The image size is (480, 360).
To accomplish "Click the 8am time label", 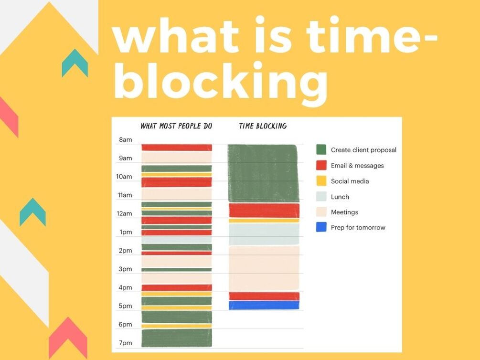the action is [126, 139].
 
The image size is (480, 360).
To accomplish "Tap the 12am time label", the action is [124, 213].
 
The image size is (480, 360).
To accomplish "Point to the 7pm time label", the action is [126, 343].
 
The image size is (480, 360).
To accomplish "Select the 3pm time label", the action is [125, 269].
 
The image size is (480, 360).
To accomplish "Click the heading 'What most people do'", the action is [176, 126].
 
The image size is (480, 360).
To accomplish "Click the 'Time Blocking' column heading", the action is [263, 126].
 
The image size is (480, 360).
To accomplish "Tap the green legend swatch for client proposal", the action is [321, 150].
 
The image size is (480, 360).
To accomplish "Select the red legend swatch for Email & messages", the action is [321, 165].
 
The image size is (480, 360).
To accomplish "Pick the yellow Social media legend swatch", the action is [321, 181].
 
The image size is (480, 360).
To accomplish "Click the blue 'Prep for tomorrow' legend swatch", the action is [321, 227].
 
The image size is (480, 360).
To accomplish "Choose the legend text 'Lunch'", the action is [340, 197].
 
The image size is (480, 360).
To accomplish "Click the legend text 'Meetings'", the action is [344, 212].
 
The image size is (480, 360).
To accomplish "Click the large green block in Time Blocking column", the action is [263, 173].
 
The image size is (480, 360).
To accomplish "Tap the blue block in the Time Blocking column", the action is [264, 305].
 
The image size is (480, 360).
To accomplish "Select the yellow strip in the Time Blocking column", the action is [264, 221].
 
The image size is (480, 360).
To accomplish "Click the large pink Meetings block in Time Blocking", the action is [264, 268].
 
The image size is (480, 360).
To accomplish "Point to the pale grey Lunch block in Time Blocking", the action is [264, 234].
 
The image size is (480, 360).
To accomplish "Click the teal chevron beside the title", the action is [75, 63].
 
